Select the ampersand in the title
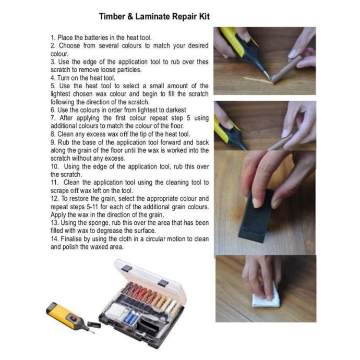pos(130,17)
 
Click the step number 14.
pos(54,239)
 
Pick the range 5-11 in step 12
pos(92,207)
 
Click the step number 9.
pos(53,142)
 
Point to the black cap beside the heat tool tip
pos(94,325)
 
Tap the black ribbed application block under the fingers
pos(255,218)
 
